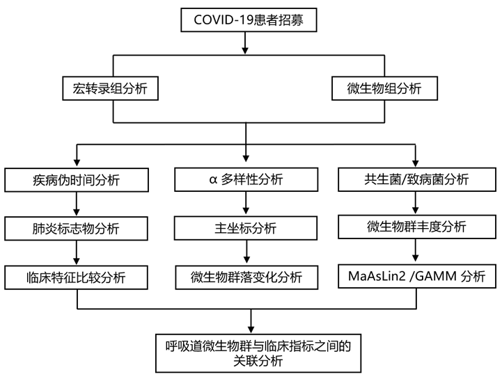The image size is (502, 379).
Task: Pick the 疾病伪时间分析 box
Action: [77, 179]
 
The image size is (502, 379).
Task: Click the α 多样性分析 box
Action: [246, 179]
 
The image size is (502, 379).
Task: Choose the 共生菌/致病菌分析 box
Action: [416, 179]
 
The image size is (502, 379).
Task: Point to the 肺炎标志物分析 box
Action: [77, 227]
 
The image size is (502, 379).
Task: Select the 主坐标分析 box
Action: [246, 227]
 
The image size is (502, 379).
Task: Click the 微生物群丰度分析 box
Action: [416, 226]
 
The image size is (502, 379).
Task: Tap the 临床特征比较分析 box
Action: [77, 277]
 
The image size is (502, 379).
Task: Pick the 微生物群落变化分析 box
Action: [246, 277]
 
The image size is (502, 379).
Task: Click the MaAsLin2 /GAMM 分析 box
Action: [416, 277]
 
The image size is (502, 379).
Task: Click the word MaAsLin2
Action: [377, 277]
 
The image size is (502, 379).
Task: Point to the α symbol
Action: [214, 180]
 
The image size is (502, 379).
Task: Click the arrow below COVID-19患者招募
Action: [245, 43]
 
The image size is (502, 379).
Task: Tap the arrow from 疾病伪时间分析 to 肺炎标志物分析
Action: [77, 204]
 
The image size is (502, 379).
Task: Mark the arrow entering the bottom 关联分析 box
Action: [251, 321]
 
